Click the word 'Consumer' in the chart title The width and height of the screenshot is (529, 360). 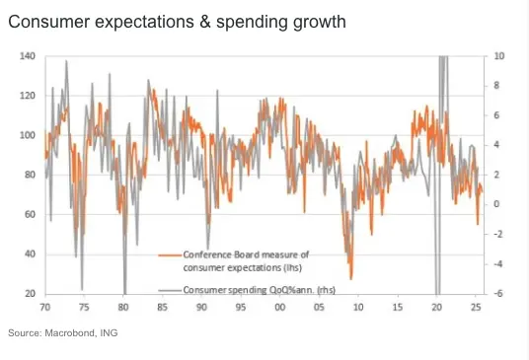point(49,22)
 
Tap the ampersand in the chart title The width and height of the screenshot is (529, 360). point(204,22)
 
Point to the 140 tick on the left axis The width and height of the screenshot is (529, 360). point(28,56)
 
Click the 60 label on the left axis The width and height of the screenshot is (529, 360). point(30,214)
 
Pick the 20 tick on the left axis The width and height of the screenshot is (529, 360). point(30,294)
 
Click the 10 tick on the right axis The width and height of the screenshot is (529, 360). point(499,56)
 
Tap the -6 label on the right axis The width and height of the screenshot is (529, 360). point(498,294)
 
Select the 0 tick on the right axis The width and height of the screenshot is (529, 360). point(496,204)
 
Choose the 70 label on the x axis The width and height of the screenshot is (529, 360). point(44,307)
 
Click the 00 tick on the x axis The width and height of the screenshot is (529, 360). point(279,307)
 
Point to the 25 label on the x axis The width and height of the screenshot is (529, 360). point(476,307)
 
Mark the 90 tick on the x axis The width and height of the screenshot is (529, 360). point(201,307)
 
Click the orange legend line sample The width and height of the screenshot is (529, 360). point(170,255)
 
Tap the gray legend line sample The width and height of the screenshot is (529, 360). point(170,290)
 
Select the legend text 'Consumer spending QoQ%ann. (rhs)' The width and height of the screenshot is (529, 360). point(260,290)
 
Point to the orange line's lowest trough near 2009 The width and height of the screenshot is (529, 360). point(351,279)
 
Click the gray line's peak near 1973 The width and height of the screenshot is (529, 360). point(66,61)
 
